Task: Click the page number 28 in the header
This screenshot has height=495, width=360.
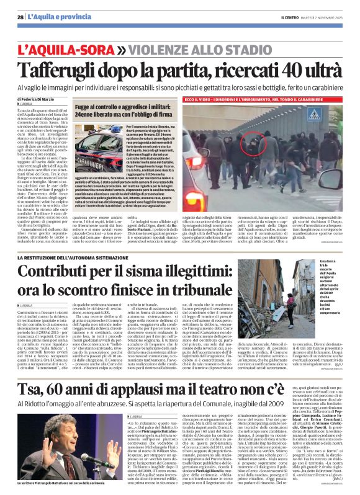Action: tap(20, 17)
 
